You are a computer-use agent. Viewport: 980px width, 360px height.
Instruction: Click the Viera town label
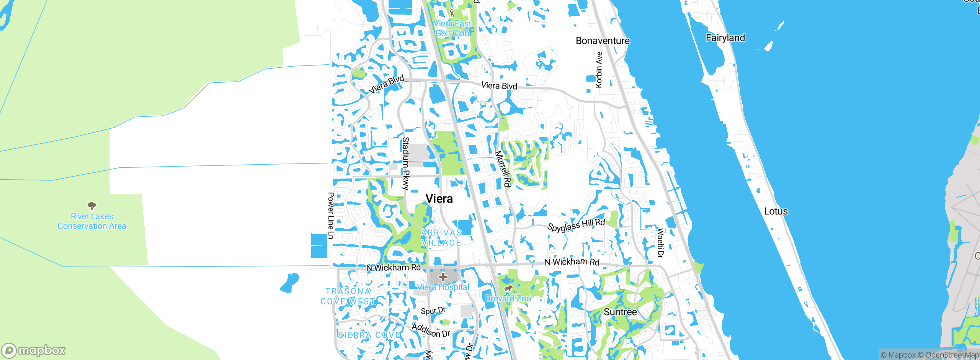[439, 199]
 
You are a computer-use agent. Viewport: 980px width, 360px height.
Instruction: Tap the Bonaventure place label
[603, 41]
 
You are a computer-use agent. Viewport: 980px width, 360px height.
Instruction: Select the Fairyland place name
[725, 38]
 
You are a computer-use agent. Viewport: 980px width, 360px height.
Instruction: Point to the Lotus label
[776, 211]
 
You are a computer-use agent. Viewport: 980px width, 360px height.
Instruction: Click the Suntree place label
[620, 312]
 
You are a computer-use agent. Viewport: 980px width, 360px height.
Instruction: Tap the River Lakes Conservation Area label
[92, 221]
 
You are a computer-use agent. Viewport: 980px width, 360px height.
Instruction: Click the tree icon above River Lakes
[92, 206]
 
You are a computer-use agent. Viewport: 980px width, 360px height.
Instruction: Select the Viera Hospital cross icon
[443, 277]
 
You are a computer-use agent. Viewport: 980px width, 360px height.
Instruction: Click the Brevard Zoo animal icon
[508, 288]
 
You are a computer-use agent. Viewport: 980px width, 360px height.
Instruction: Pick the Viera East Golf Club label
[452, 29]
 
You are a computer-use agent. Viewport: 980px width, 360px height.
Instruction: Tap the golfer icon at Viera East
[452, 13]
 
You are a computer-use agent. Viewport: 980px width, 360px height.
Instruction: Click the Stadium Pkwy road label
[406, 164]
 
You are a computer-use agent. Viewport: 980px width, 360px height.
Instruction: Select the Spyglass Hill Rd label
[576, 225]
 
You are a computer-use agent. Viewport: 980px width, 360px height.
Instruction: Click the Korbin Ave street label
[599, 70]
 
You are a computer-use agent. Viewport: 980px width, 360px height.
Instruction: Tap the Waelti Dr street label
[660, 243]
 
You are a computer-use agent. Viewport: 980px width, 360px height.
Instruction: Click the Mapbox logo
[34, 350]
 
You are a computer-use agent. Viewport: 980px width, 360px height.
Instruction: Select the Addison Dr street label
[431, 330]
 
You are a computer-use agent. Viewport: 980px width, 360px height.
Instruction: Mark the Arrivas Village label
[441, 238]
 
